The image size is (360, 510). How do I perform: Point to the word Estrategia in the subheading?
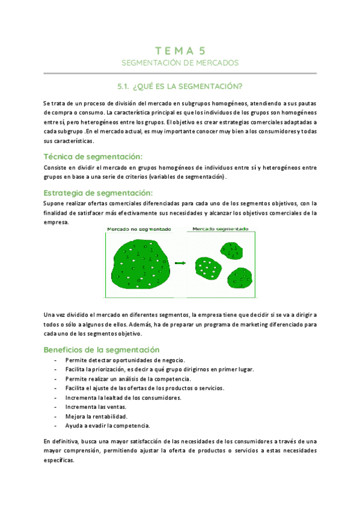pyautogui.click(x=66, y=193)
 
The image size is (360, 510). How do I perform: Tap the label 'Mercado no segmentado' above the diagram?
pyautogui.click(x=139, y=229)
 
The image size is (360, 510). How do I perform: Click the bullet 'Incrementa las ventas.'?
pyautogui.click(x=91, y=407)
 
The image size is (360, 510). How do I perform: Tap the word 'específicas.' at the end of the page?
pyautogui.click(x=59, y=460)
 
